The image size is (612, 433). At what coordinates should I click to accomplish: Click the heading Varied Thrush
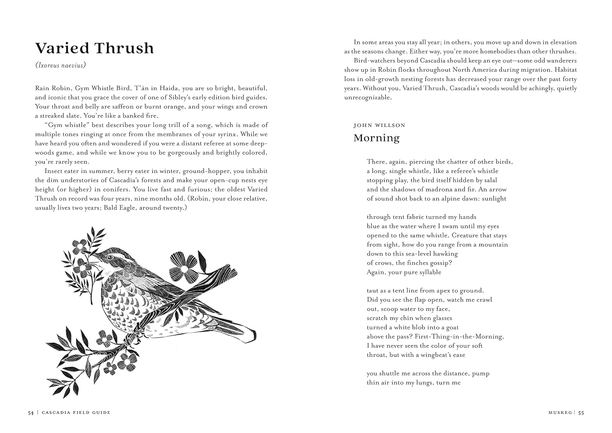[x=94, y=48]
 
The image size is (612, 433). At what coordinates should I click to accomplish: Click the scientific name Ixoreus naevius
[x=60, y=65]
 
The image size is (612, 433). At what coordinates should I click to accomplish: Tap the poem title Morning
[x=376, y=138]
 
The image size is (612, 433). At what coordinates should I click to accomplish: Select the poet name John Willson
[x=379, y=125]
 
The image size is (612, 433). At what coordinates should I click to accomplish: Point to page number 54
[x=31, y=413]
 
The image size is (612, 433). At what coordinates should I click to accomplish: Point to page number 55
[x=581, y=413]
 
